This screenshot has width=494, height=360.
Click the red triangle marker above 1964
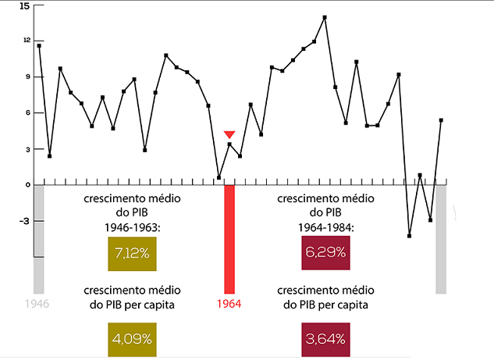229,134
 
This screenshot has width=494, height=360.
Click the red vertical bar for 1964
229,238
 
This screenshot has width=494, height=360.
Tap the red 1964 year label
229,304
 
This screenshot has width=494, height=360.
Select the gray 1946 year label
38,304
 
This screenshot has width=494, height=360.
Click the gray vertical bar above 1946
39,238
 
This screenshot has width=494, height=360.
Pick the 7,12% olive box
133,254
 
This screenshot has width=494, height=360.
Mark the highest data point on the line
325,17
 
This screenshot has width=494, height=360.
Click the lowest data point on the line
409,235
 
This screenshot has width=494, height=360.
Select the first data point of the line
39,45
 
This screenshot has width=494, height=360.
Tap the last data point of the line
441,120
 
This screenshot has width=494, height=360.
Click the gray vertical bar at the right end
440,238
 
